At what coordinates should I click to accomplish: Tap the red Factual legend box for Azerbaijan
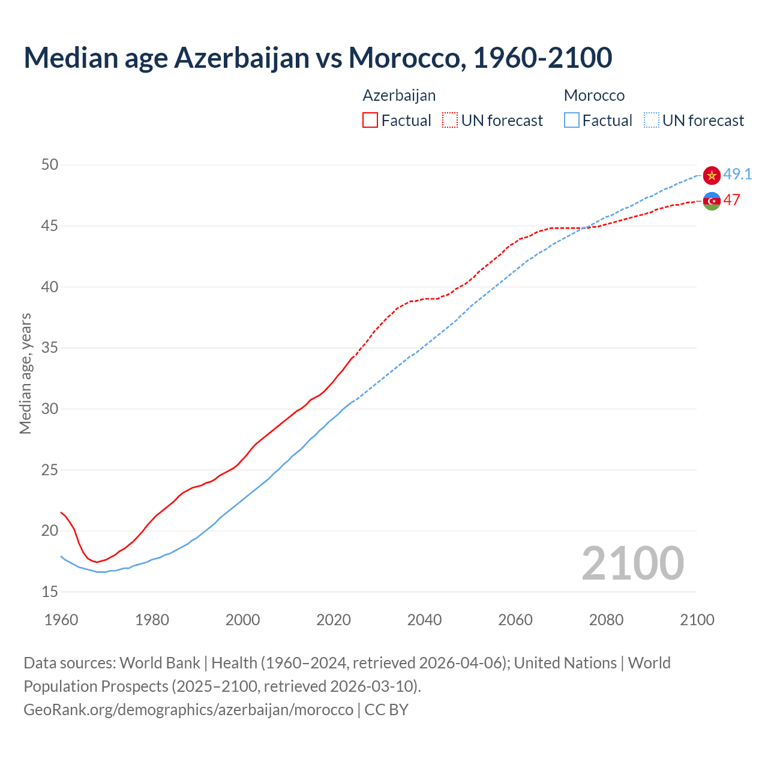(370, 121)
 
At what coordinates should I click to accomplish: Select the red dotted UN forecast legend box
(450, 121)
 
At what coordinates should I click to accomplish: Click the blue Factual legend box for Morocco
(572, 121)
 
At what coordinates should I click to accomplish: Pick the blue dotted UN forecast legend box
(651, 121)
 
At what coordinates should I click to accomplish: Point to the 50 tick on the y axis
(50, 164)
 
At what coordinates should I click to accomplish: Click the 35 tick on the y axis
(50, 347)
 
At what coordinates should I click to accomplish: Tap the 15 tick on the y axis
(50, 592)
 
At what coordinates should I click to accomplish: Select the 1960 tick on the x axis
(61, 620)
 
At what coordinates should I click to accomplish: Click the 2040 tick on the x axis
(424, 620)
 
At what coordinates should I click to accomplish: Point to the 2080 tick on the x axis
(606, 620)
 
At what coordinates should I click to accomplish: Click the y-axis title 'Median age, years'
(25, 373)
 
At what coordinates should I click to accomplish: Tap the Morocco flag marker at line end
(712, 175)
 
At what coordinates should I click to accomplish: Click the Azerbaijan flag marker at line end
(712, 201)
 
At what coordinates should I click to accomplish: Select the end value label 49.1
(737, 174)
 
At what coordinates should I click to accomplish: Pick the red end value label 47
(731, 200)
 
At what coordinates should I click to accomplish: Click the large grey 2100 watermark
(632, 563)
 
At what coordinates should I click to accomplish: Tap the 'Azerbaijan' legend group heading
(399, 95)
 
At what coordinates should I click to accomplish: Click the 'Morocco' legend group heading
(594, 95)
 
